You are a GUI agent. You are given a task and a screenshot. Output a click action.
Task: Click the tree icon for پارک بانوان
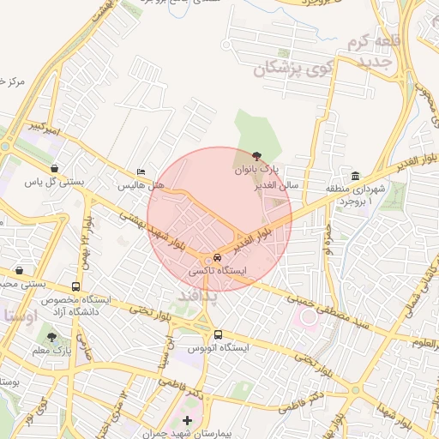tap(257, 157)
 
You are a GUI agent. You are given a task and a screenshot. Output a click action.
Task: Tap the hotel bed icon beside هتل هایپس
tap(141, 172)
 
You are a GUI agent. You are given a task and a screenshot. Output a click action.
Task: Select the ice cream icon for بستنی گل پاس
tap(56, 169)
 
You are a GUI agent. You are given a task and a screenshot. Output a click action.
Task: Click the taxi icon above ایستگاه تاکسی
tap(217, 257)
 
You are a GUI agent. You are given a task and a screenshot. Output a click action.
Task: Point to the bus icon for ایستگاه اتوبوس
tap(218, 334)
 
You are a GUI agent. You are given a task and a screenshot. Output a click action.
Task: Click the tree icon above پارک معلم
tap(52, 338)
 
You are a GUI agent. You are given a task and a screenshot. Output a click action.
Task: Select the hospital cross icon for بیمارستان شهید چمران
tap(188, 423)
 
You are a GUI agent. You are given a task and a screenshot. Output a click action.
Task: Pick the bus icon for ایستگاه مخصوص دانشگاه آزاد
tap(76, 286)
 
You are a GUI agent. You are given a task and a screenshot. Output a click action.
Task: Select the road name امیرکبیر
tap(48, 126)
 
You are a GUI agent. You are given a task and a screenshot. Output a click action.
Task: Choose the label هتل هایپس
tap(141, 185)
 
